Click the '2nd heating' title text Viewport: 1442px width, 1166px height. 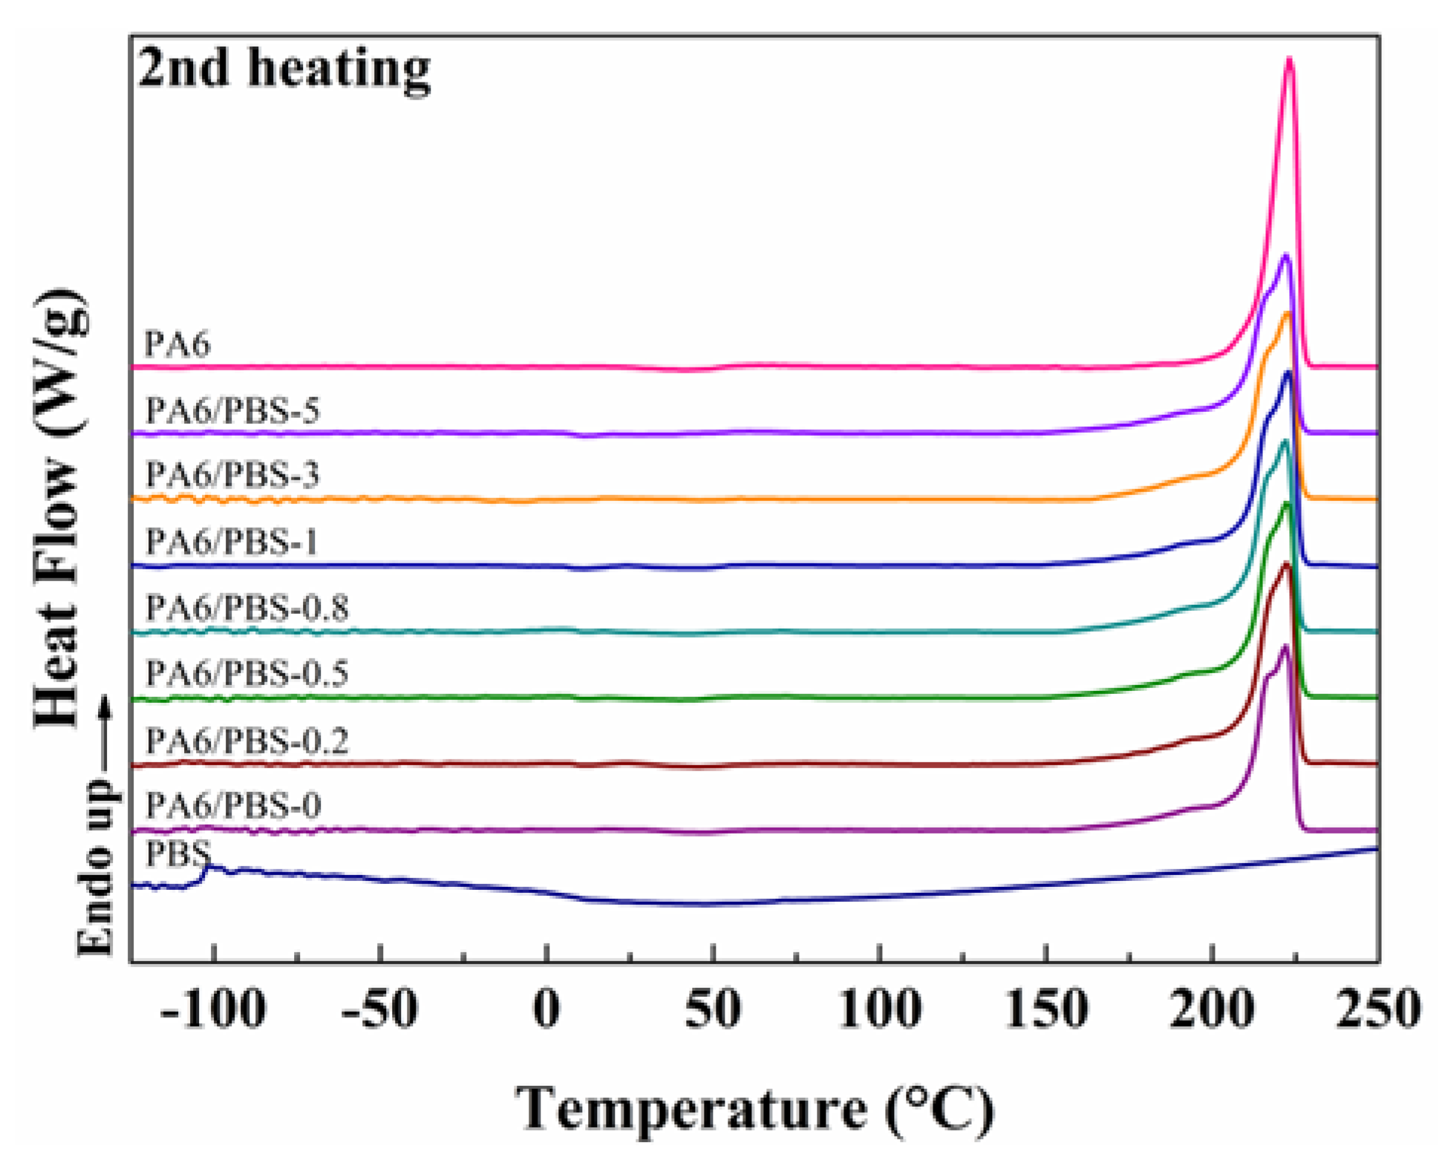pyautogui.click(x=284, y=68)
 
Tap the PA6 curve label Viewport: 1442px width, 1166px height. pyautogui.click(x=177, y=344)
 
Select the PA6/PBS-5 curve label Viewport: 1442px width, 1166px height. pyautogui.click(x=232, y=410)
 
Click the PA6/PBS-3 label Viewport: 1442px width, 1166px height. pyautogui.click(x=232, y=475)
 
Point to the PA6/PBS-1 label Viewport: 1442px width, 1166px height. pyautogui.click(x=232, y=542)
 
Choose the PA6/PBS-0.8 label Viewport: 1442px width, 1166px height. pyautogui.click(x=247, y=608)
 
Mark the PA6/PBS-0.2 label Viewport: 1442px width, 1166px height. pyautogui.click(x=247, y=740)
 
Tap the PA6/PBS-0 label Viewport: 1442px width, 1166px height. pyautogui.click(x=233, y=805)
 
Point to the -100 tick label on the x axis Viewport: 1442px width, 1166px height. pyautogui.click(x=212, y=1010)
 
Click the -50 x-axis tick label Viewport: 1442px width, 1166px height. pyautogui.click(x=379, y=1010)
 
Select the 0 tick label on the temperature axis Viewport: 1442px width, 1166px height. pyautogui.click(x=547, y=1010)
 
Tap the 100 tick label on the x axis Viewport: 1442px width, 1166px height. pyautogui.click(x=880, y=1010)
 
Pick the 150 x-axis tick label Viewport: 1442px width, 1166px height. pyautogui.click(x=1046, y=1010)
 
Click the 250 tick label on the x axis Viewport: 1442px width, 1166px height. pyautogui.click(x=1377, y=1010)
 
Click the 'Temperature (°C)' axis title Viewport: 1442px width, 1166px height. pyautogui.click(x=754, y=1109)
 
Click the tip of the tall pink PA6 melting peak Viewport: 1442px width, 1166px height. pyautogui.click(x=1290, y=59)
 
